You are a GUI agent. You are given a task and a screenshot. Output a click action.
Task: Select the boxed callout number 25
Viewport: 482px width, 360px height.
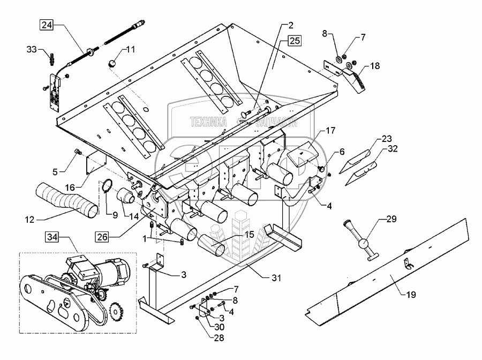[x=294, y=41]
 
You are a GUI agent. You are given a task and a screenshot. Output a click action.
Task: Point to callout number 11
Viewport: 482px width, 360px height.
[x=131, y=50]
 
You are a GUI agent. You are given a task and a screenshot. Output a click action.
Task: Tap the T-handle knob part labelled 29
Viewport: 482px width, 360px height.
[x=366, y=247]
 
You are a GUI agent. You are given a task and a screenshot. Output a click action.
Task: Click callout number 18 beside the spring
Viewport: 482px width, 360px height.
[x=375, y=66]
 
